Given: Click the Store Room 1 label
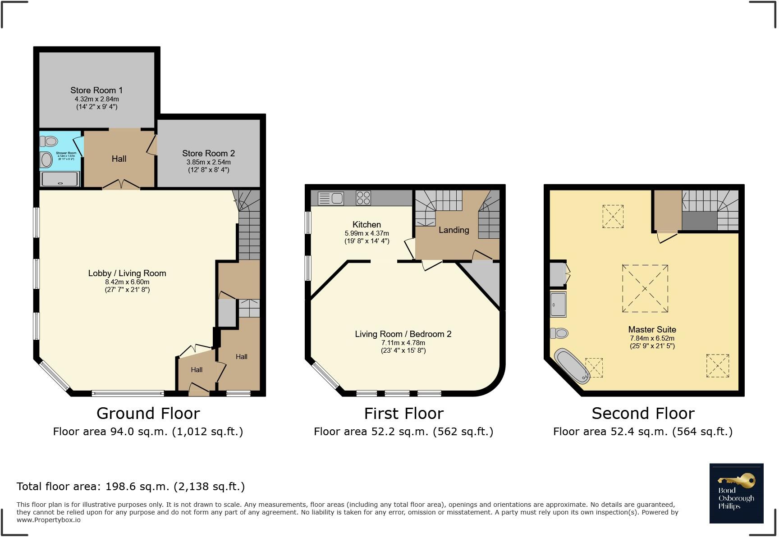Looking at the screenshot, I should pos(96,90).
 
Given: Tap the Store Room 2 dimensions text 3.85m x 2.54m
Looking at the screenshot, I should pos(208,162).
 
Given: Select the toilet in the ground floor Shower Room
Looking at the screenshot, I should pos(49,141).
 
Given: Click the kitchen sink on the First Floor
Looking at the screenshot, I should pos(330,198).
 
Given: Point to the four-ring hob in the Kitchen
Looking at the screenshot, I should pos(363,198).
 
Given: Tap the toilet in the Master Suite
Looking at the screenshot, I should pos(559,333).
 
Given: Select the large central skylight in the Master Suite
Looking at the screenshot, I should pos(645,288).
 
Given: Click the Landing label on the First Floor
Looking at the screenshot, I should pos(454,230).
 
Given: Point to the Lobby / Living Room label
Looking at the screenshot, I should pos(127,273).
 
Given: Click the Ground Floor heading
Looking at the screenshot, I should pos(148,413).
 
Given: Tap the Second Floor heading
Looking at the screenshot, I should pos(643,413).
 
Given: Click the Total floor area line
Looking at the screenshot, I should pos(130,487).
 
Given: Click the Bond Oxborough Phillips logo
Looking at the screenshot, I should pos(736,493).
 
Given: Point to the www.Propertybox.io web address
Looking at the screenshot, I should pos(49,520).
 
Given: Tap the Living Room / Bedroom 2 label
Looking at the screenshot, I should pos(403,334).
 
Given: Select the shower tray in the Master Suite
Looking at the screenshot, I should pos(558,304).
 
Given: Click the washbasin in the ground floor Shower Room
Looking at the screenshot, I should pos(46,159).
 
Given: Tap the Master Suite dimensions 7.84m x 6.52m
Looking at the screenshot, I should pos(652,338).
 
